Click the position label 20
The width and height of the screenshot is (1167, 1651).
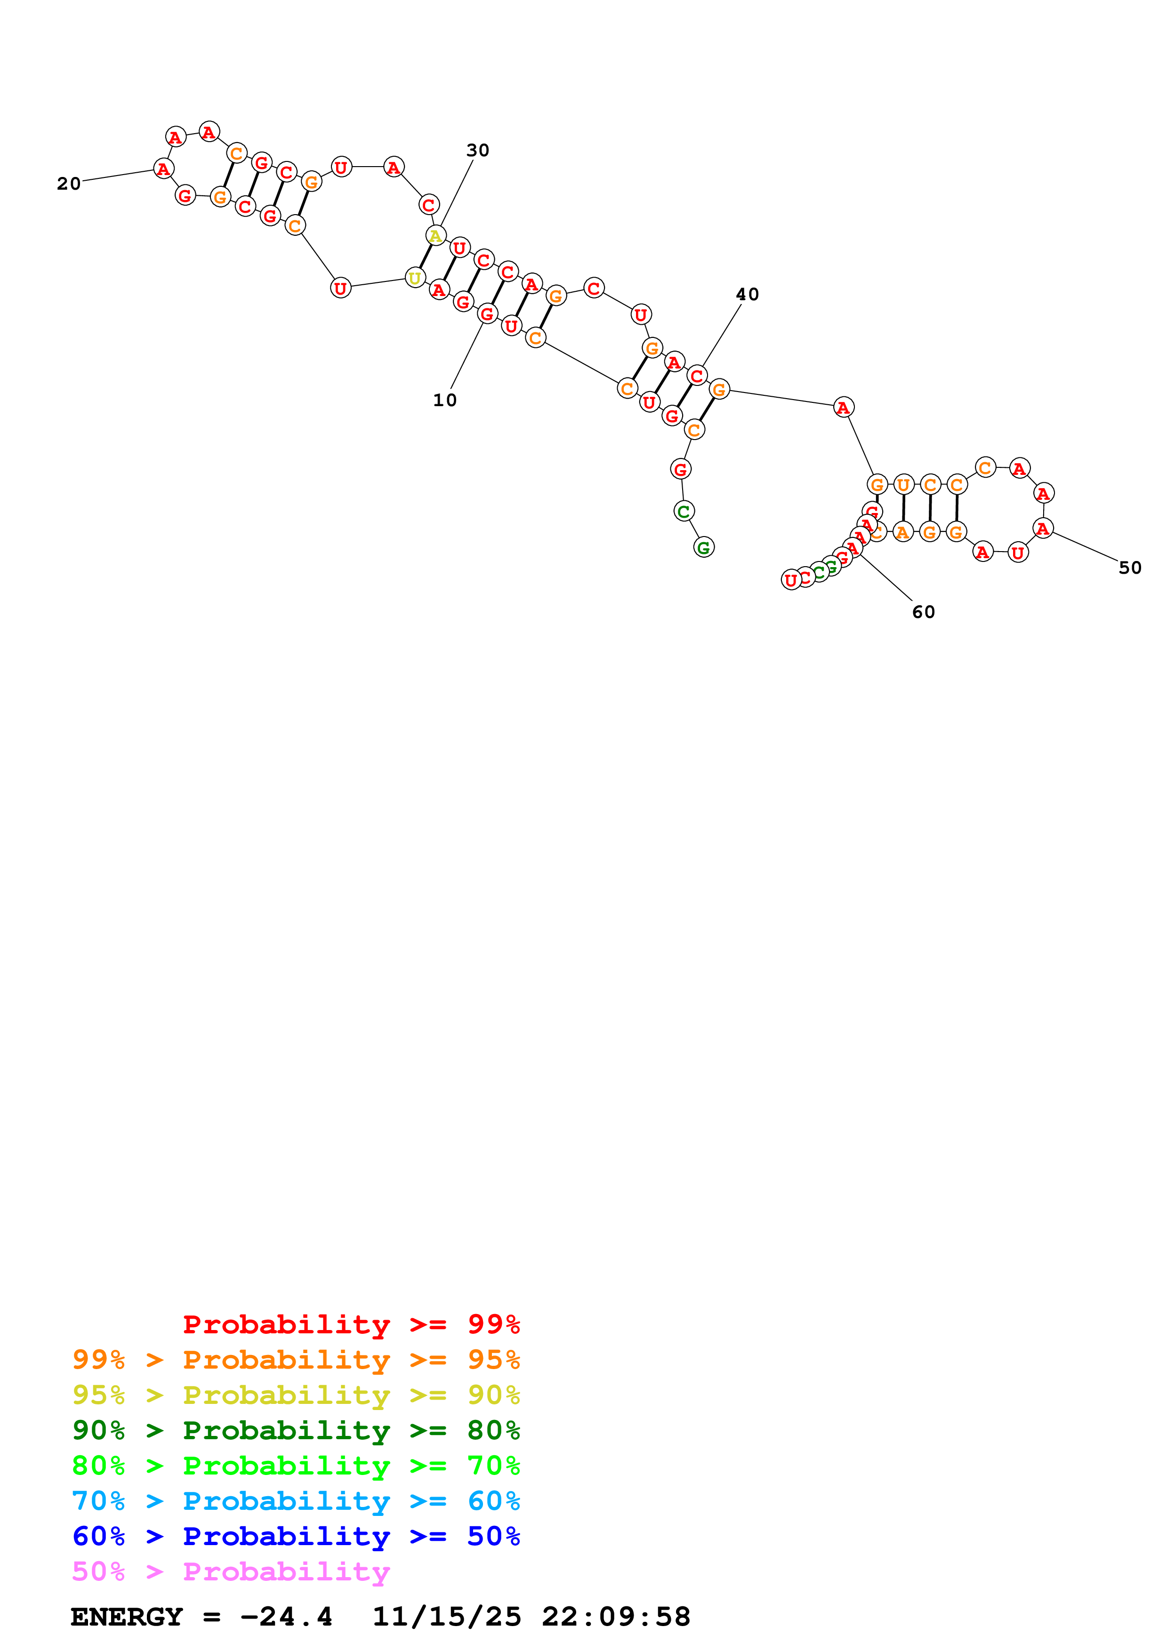[69, 184]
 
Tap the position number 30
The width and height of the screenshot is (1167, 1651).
[477, 150]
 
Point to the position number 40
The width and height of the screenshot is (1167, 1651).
[747, 294]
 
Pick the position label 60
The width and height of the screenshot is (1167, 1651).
[923, 612]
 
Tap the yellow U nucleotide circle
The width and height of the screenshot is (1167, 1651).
[415, 278]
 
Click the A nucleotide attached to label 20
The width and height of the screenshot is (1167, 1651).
[164, 169]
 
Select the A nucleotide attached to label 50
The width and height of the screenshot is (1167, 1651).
[1043, 529]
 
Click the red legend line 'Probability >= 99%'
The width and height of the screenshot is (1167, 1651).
[351, 1324]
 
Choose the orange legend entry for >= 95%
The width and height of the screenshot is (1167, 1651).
[296, 1359]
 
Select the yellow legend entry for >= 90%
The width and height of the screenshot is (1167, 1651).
[296, 1395]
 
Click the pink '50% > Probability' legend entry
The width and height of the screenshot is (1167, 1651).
[231, 1571]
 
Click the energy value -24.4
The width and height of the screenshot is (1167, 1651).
[286, 1617]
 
